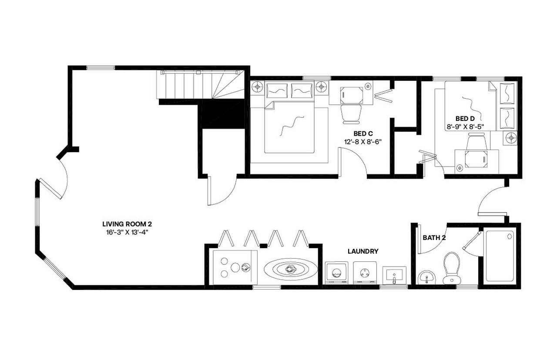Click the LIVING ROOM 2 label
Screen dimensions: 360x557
[x=127, y=224]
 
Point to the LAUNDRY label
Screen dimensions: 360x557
[x=362, y=251]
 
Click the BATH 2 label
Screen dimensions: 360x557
[x=434, y=238]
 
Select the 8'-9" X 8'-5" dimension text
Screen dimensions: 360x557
[x=465, y=127]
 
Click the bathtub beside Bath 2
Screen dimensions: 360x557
[x=500, y=256]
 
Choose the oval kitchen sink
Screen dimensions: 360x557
[x=289, y=269]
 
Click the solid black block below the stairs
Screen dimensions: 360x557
[x=221, y=114]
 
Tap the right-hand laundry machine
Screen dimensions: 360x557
[x=364, y=274]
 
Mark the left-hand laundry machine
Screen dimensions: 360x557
[x=336, y=274]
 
